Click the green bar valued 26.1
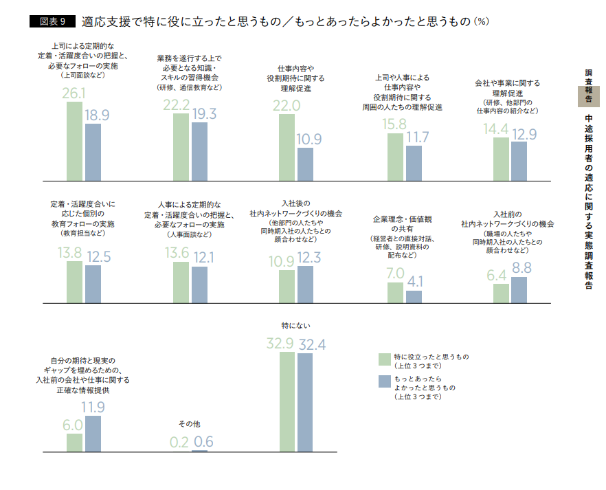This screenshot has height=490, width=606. pos(74,140)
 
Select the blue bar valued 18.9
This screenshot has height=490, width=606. pos(93,151)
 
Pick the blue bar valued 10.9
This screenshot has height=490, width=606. pos(305,164)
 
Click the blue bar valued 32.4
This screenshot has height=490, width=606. pos(305,402)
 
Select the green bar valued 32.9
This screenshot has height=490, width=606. pos(287,401)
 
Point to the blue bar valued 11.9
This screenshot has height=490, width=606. pos(93,434)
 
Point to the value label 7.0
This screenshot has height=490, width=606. pos(395,273)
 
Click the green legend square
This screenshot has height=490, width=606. pos(383,359)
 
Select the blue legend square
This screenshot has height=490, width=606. pos(383,381)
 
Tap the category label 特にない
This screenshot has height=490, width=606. pos(295,324)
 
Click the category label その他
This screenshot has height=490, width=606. pos(189,424)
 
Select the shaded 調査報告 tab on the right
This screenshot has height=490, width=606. pos(589,86)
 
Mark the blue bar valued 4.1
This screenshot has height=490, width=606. pos(414,297)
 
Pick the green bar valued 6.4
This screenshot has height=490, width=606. pos(501,293)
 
